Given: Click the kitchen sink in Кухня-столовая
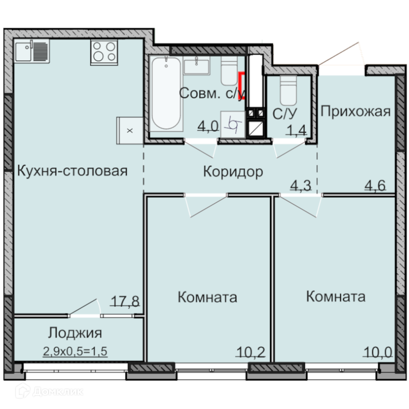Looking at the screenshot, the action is tap(32, 51).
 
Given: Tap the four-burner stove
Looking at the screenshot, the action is tap(104, 52).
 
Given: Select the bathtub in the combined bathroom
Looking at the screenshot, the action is tap(166, 93).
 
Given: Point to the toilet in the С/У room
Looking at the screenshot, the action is tap(288, 90).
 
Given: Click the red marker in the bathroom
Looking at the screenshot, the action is tap(242, 86).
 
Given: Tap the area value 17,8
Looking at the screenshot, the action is tap(125, 301).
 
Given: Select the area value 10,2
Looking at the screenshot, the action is tap(250, 352).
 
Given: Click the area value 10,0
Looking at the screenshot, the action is tap(378, 352).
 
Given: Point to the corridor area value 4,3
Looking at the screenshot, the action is tap(301, 186).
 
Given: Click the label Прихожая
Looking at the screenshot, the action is tap(355, 112).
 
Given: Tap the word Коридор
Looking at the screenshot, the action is tap(233, 172).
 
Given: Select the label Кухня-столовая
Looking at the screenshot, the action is tap(72, 171).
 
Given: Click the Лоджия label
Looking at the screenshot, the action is tap(75, 333).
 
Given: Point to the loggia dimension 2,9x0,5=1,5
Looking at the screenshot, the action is tap(75, 351).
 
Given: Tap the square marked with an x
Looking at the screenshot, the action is tap(130, 130).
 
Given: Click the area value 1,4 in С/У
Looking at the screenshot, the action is tap(296, 130).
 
